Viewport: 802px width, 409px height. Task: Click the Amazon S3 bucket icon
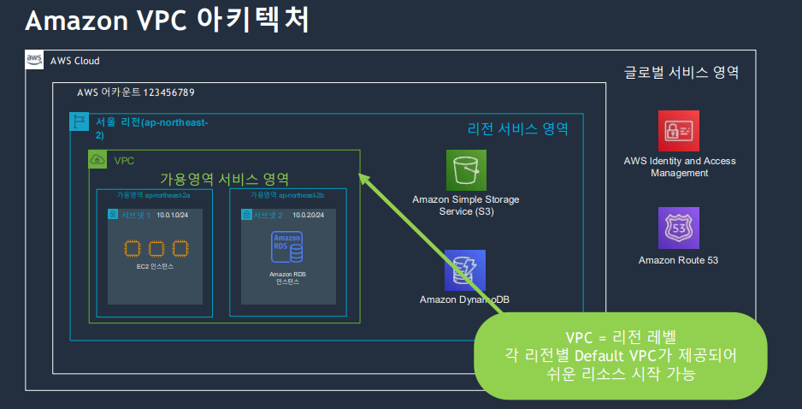coord(466,170)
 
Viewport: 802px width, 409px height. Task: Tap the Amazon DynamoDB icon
coord(465,270)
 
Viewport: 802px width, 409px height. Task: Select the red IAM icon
coord(679,131)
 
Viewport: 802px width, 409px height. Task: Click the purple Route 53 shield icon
coord(679,228)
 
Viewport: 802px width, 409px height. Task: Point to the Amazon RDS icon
coord(287,247)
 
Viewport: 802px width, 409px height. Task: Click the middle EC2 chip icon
coord(156,248)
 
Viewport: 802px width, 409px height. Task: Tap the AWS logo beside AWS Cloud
coord(34,60)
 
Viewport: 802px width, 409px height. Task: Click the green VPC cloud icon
coord(98,160)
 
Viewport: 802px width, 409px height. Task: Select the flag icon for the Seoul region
coord(79,122)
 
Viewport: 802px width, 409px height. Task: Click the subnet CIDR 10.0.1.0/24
coord(174,215)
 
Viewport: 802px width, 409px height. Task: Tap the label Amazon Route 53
coord(678,260)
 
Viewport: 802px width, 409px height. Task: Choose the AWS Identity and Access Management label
coord(679,167)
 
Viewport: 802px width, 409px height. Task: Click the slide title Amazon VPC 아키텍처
coord(168,21)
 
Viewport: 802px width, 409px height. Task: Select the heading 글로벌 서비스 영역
coord(681,73)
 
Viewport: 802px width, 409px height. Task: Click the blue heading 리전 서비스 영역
coord(517,129)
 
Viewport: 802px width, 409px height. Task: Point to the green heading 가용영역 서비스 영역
coord(225,179)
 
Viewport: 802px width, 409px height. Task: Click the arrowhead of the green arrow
coord(363,178)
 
